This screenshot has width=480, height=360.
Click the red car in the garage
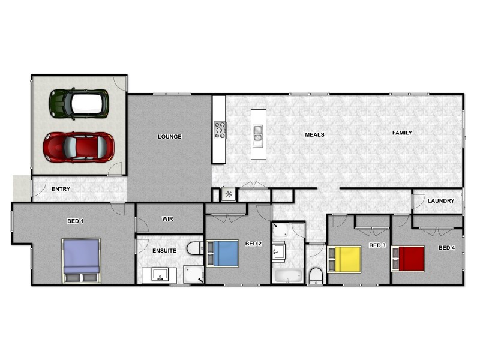[x=79, y=146]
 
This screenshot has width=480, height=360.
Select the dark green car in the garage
[x=79, y=103]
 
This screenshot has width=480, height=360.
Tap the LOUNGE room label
[x=169, y=137]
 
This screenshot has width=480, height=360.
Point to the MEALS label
[x=314, y=135]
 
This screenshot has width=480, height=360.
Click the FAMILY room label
[x=402, y=133]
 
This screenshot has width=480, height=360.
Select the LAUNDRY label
[x=441, y=201]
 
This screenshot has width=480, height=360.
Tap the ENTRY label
[x=61, y=190]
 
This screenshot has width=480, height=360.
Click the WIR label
[x=168, y=220]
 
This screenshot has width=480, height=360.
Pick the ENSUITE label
[x=164, y=251]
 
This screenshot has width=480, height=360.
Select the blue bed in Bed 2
[x=223, y=253]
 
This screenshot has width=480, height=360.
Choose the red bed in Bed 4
[x=408, y=259]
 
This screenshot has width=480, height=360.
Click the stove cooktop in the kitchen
[x=220, y=130]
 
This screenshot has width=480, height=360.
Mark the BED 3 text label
[x=376, y=246]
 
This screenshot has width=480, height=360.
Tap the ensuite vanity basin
[x=160, y=275]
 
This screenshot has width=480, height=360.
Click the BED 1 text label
[x=75, y=221]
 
